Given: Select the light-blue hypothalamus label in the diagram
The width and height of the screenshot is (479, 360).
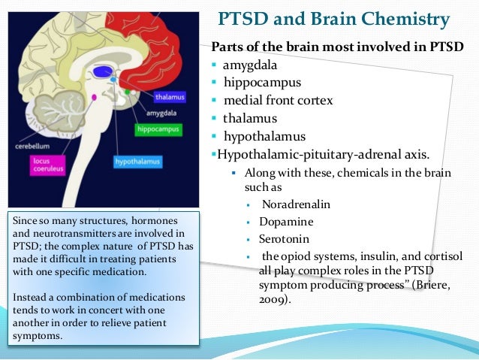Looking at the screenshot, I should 136,162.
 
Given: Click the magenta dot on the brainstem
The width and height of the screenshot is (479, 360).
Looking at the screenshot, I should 94,98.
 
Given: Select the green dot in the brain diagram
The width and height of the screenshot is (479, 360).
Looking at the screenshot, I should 128,92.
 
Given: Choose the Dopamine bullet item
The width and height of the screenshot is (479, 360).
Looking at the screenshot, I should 288,222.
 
